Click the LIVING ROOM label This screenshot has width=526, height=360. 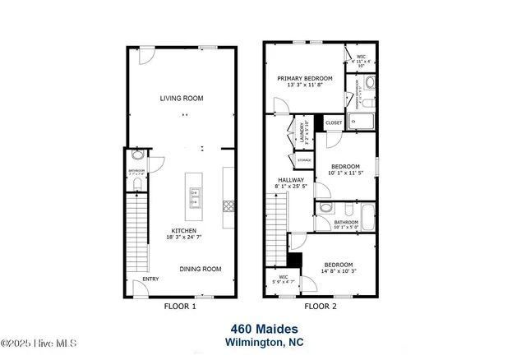tap(181, 99)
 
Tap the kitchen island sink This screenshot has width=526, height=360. tap(196, 196)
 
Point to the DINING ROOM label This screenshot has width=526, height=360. tap(201, 269)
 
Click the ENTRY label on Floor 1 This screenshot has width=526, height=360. tap(150, 279)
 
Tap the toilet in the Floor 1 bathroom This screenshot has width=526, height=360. tap(136, 155)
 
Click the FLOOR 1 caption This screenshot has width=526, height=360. tap(181, 307)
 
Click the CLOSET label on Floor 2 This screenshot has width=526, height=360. tap(334, 122)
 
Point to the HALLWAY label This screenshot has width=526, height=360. tap(290, 180)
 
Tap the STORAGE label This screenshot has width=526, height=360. tap(304, 159)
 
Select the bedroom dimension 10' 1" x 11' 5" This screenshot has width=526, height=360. tap(344, 173)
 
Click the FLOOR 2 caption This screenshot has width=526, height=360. tap(321, 307)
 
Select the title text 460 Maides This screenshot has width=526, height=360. tap(263, 329)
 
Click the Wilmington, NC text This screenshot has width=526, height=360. tap(263, 342)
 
